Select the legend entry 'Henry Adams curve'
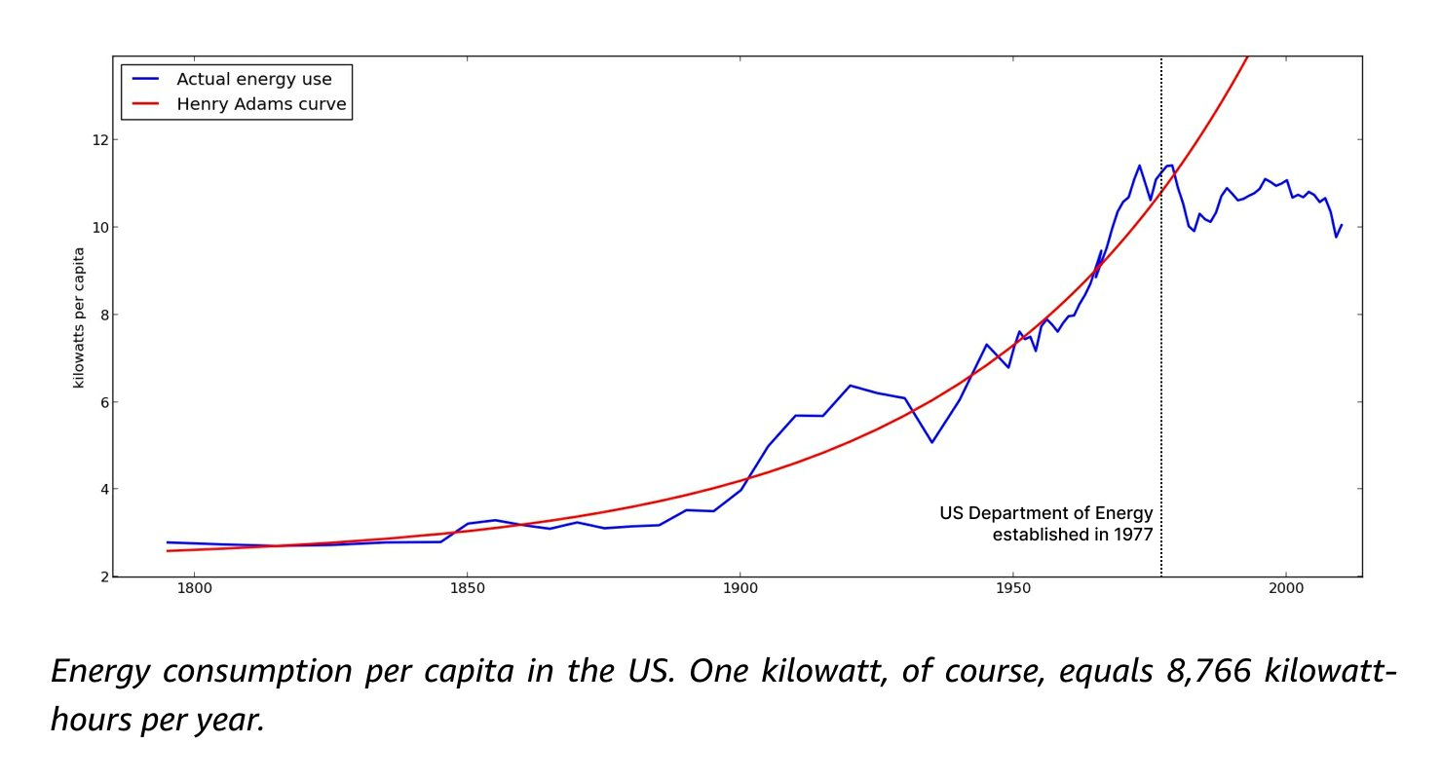point(260,104)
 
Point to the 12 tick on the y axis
point(98,139)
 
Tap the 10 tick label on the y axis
point(98,227)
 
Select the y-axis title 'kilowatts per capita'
point(79,317)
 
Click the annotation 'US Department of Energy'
point(1045,513)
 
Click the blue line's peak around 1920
point(850,386)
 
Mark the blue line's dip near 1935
point(931,442)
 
